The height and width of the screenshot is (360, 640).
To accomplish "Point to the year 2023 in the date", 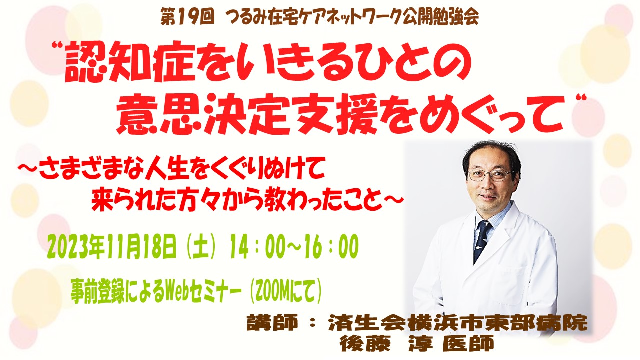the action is [x=68, y=247].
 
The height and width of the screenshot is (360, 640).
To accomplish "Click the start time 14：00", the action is [x=257, y=248].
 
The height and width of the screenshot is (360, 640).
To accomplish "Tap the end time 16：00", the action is [x=334, y=248].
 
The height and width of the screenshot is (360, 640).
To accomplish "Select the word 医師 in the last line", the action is [x=468, y=343].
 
